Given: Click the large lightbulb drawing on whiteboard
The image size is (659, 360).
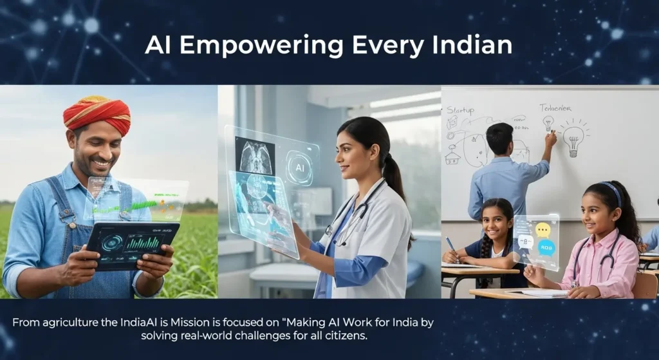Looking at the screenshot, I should pyautogui.click(x=573, y=137).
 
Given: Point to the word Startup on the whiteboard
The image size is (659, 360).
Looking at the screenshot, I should pyautogui.click(x=460, y=111).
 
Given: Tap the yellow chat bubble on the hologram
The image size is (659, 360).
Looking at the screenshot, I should pyautogui.click(x=543, y=229).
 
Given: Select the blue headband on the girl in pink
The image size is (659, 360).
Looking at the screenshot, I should pyautogui.click(x=611, y=191).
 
